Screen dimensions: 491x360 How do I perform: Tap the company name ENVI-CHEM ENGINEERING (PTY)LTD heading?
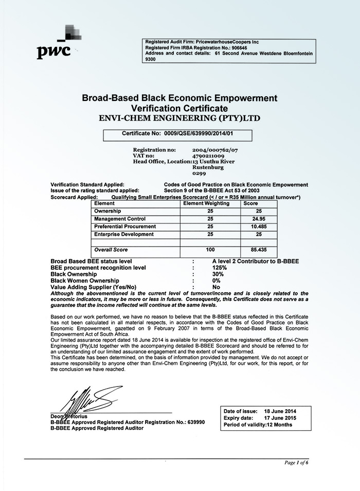click(179, 118)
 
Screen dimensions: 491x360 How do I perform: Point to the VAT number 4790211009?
click(208, 155)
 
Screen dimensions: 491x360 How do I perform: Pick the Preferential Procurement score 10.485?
click(259, 226)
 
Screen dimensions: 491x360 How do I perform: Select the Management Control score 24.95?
click(259, 219)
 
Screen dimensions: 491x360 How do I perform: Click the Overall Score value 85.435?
click(259, 250)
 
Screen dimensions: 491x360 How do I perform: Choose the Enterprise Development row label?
click(124, 234)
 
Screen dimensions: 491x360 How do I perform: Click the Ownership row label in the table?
click(107, 211)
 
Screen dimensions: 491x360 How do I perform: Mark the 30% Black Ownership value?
click(218, 274)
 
